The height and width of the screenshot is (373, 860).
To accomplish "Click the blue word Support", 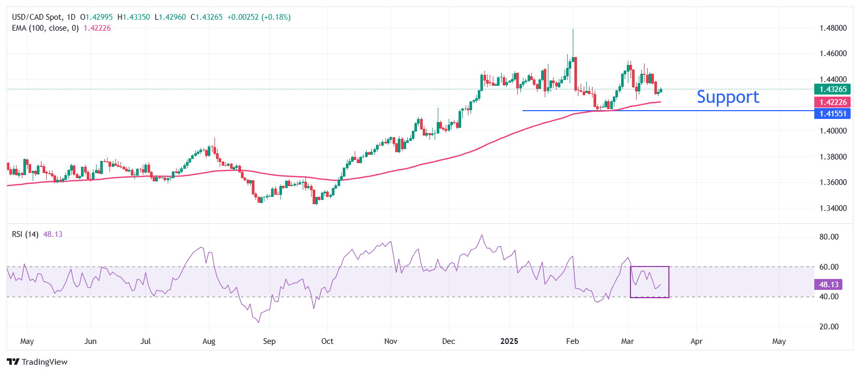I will tap(728, 97).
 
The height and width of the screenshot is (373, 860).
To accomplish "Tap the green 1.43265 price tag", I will tap(832, 89).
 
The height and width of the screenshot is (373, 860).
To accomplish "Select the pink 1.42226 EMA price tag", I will tap(832, 102).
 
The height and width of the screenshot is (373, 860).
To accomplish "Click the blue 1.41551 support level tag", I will tap(832, 114).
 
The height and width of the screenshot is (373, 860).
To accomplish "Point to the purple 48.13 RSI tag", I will tap(829, 285).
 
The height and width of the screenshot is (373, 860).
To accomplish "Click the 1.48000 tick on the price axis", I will tap(833, 28).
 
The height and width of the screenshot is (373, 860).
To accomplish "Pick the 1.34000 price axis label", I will tap(833, 208).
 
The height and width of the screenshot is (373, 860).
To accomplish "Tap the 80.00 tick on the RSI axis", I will tap(829, 237).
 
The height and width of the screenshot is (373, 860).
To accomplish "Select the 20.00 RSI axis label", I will tap(829, 327).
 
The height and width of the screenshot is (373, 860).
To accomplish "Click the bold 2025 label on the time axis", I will tap(509, 341).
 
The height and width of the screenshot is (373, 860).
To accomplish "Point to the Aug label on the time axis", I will tap(209, 341).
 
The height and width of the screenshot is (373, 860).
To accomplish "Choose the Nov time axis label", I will tap(391, 341).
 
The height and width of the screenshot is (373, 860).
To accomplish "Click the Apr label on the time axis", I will tap(696, 341).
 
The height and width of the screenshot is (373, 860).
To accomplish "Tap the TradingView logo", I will tap(37, 362).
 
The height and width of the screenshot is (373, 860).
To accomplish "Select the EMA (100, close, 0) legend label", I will tap(45, 28).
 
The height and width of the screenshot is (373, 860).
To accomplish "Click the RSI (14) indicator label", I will tap(25, 234).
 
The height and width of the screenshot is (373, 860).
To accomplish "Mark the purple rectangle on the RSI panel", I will tap(649, 282).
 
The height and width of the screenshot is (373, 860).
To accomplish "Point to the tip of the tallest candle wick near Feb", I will tap(573, 29).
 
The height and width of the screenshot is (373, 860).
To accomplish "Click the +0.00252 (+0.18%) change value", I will tap(259, 17).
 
